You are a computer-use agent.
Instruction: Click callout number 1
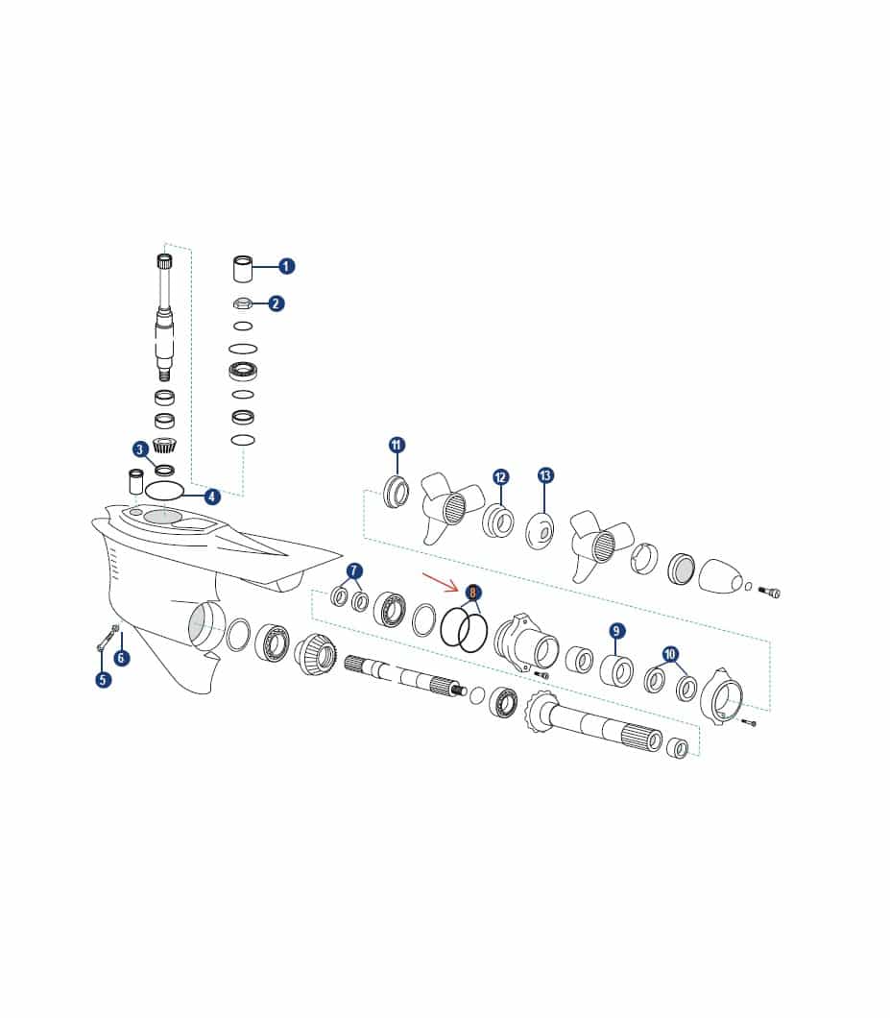tap(286, 266)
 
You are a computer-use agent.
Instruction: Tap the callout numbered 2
tap(277, 303)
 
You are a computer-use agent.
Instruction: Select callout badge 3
tap(139, 449)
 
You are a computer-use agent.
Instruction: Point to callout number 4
tap(212, 497)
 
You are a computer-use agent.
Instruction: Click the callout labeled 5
tap(104, 680)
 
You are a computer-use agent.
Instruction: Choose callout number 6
tap(121, 658)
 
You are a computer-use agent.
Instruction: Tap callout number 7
tap(354, 570)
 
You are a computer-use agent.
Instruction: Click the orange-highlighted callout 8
tap(473, 593)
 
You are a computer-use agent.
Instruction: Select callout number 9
tap(616, 630)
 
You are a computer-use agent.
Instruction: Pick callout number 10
tap(670, 654)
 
